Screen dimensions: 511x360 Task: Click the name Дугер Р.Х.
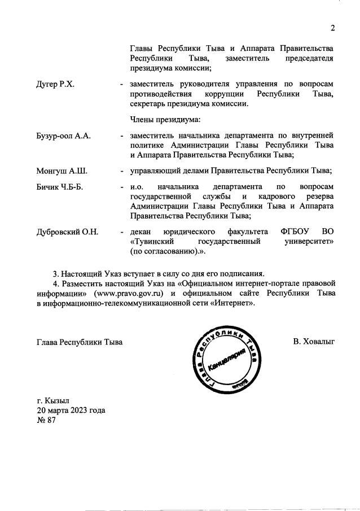point(56,84)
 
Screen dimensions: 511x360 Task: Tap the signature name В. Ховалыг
point(314,342)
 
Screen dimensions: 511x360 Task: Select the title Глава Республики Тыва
point(80,342)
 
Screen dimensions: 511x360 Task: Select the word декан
point(141,232)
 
